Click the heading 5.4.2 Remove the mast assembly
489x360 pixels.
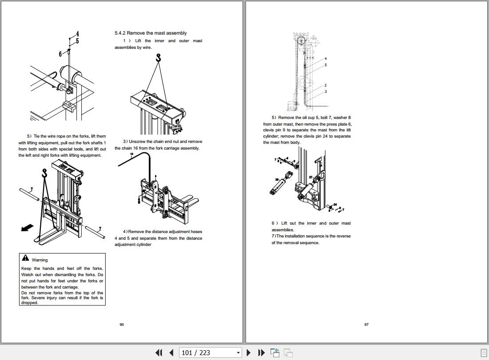pos(151,33)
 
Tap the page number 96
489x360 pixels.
pos(122,324)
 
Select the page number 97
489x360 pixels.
pos(366,324)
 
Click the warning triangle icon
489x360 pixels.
pos(25,258)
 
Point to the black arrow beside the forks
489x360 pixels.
pos(27,227)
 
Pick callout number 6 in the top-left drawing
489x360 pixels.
pos(60,54)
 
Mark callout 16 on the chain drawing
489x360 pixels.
pos(131,154)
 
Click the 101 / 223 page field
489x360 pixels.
pos(207,352)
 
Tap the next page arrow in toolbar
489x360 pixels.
pos(249,352)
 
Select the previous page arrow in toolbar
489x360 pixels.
pos(171,352)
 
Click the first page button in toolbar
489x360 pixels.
pos(159,352)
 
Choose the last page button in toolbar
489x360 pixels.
pos(262,352)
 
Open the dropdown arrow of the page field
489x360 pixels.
pos(238,353)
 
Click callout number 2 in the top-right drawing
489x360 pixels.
pos(325,85)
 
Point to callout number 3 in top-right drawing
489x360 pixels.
pos(325,91)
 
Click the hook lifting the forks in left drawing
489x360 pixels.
pos(44,173)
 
